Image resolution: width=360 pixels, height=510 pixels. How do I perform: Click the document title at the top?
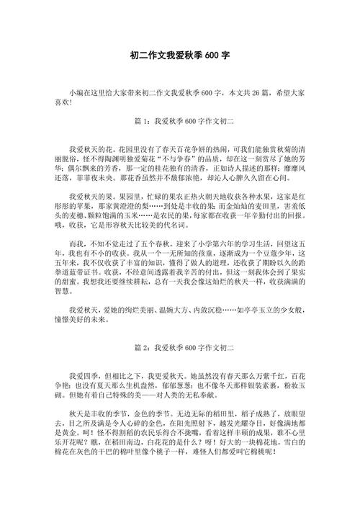point(180,54)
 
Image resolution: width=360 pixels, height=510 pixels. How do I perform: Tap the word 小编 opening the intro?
point(77,94)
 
